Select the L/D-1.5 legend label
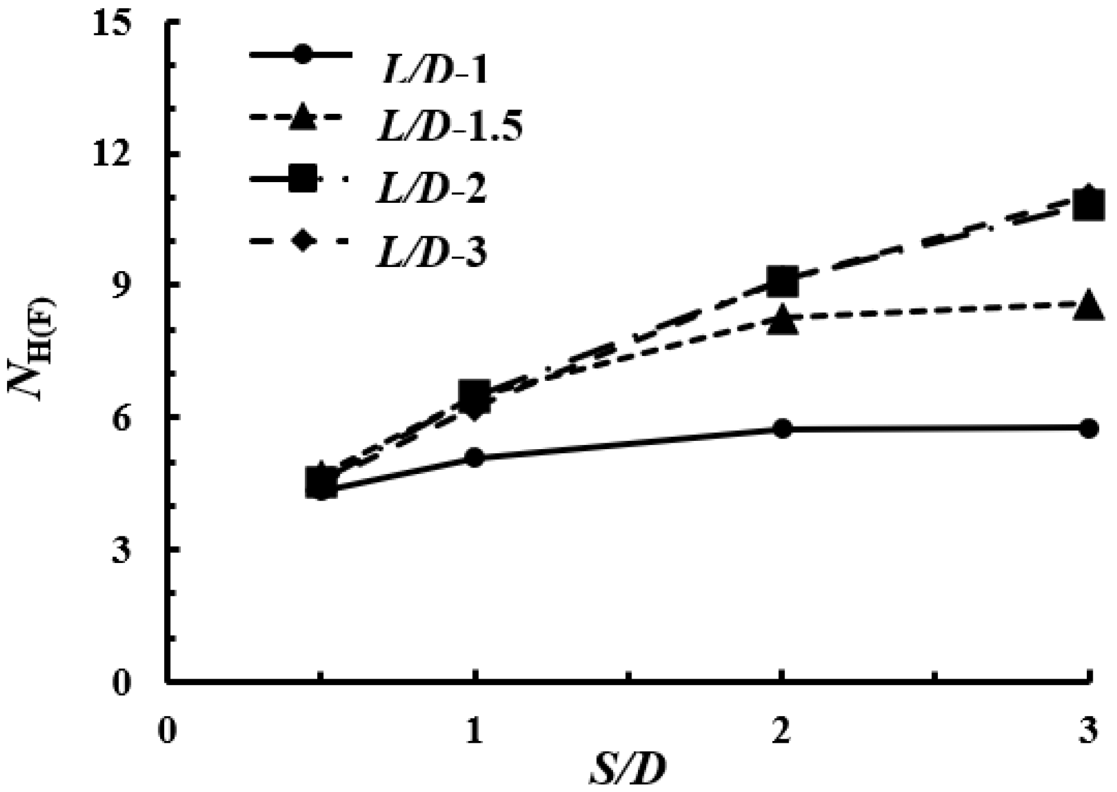pyautogui.click(x=449, y=126)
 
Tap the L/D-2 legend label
pyautogui.click(x=432, y=187)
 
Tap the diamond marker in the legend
pyautogui.click(x=302, y=242)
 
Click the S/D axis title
pyautogui.click(x=627, y=772)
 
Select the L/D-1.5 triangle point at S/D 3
pyautogui.click(x=1089, y=306)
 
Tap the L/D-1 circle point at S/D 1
pyautogui.click(x=475, y=457)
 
